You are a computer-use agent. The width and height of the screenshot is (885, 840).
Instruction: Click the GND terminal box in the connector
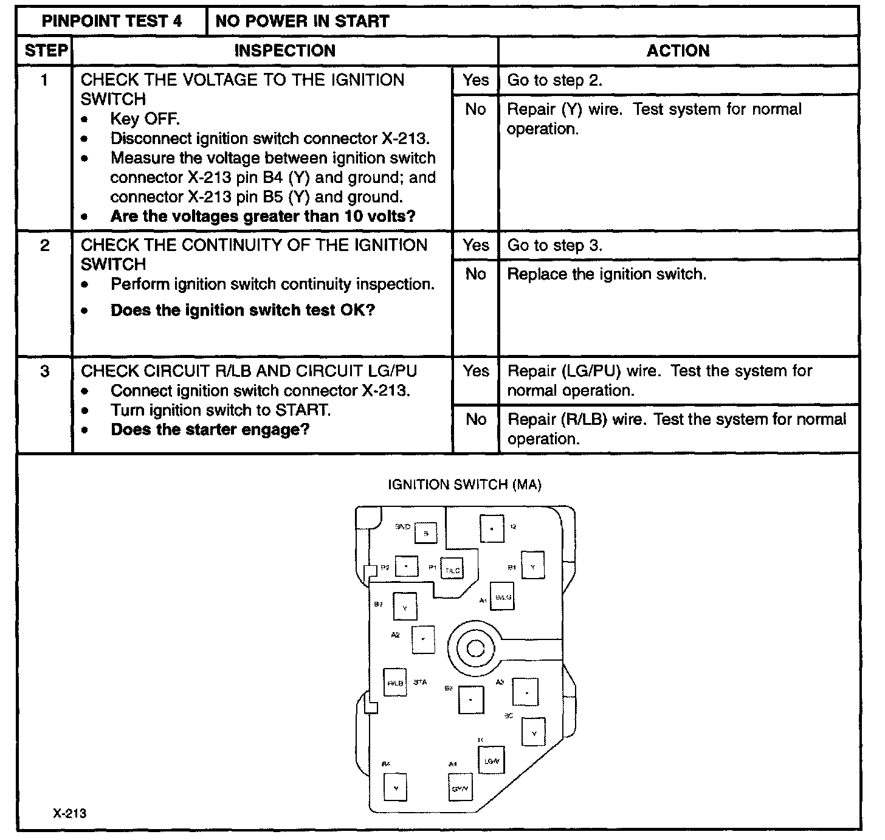tap(425, 533)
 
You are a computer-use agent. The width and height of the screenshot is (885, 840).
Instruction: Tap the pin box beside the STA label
tap(395, 683)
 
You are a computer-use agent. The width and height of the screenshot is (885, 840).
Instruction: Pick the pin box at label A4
tap(460, 788)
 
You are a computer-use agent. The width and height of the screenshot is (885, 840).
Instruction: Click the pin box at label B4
tap(396, 788)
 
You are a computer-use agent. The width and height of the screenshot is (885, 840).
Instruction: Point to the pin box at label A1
tap(503, 597)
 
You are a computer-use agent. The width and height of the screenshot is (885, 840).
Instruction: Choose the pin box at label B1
tap(533, 566)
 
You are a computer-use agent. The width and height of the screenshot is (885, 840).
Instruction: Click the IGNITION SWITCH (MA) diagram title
tap(465, 484)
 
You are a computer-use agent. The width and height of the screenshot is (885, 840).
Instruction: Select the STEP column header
tap(45, 50)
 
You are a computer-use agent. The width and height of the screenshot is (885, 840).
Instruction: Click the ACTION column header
tap(678, 50)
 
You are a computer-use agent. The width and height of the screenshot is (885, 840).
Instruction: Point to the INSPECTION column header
tap(284, 50)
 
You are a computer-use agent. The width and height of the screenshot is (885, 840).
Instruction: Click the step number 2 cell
tap(45, 246)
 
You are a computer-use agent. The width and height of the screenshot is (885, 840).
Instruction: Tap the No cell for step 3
tap(475, 419)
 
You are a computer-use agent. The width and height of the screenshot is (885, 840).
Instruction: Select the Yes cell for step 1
tap(475, 80)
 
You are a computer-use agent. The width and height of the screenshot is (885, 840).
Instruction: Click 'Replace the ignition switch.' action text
tap(607, 274)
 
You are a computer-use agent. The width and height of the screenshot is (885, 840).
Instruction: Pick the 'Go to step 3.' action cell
tap(554, 246)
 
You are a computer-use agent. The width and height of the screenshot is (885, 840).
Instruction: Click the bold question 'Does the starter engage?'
tap(210, 430)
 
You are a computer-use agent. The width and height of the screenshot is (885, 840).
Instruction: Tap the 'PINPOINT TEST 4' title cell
tap(112, 21)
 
